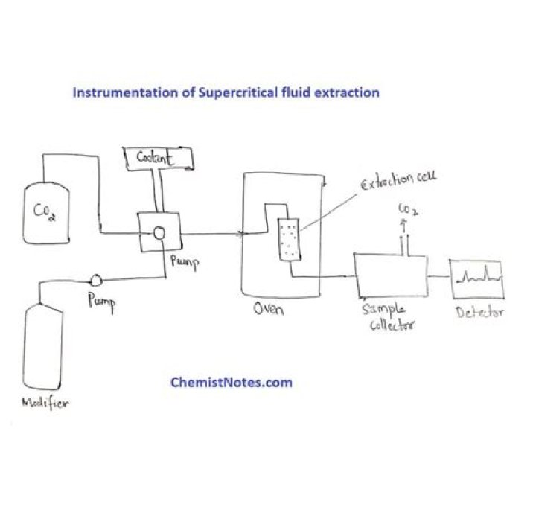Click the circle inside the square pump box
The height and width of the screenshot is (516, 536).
pos(159,232)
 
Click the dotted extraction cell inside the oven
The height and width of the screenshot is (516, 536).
pos(287,239)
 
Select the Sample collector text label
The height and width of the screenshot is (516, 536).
pos(389,317)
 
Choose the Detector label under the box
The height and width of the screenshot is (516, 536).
pos(479,311)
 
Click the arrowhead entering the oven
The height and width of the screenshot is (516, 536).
pos(241,234)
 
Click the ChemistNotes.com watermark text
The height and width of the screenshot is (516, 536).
pos(231,382)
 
